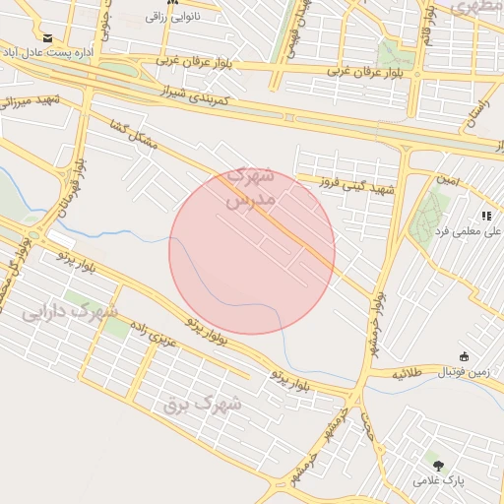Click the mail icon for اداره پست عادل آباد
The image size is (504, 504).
(x=47, y=36)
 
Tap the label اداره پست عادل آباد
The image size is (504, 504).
(x=48, y=51)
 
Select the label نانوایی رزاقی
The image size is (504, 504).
(x=173, y=17)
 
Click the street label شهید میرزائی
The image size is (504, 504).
(x=32, y=100)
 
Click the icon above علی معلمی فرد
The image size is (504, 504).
(x=485, y=215)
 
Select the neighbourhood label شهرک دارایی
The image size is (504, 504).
(x=69, y=315)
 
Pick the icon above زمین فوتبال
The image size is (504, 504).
(x=465, y=356)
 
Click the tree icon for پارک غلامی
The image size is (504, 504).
(x=436, y=463)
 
